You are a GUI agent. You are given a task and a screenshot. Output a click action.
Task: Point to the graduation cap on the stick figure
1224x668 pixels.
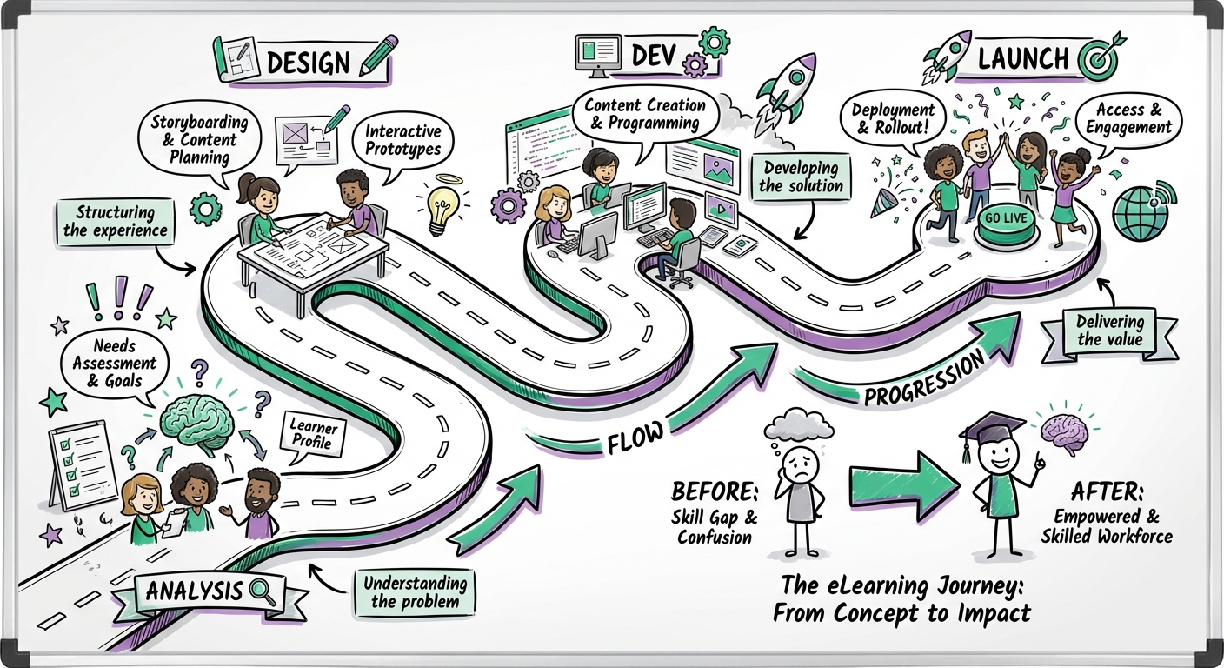tap(991, 431)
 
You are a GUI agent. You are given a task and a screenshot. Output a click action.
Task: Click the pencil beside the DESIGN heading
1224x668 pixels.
tap(377, 57)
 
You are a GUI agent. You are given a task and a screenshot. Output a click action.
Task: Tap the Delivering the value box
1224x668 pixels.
tap(1109, 331)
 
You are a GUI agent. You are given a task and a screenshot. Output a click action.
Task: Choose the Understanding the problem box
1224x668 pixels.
tap(414, 592)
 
